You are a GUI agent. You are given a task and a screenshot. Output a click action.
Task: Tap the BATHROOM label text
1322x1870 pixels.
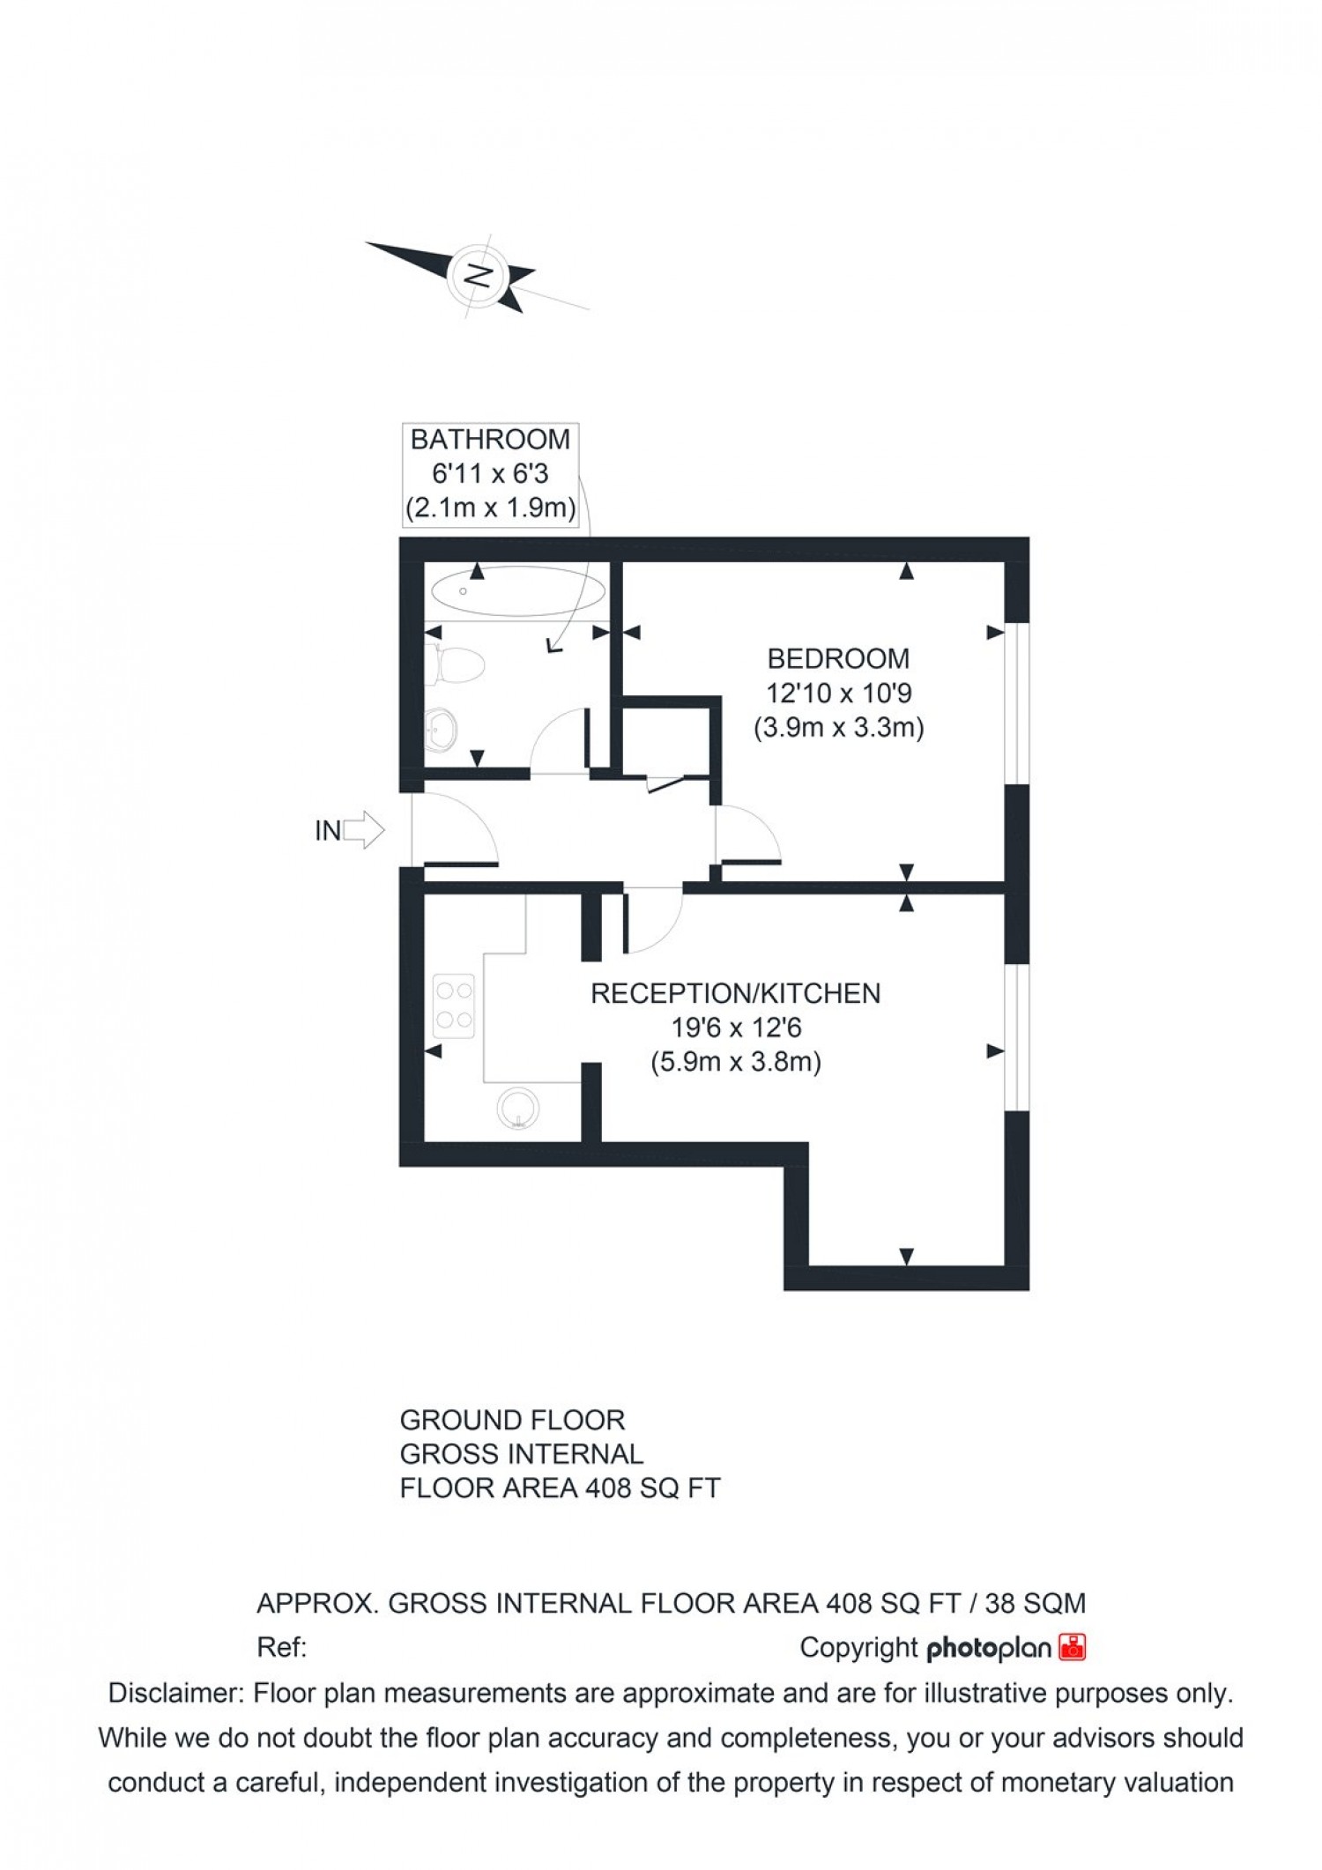pos(490,439)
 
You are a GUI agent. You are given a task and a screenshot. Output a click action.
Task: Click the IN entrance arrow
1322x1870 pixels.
pos(363,830)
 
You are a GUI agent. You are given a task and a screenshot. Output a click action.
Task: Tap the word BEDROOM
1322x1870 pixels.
pos(838,658)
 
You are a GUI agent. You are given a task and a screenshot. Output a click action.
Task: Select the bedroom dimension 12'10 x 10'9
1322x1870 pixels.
pos(838,694)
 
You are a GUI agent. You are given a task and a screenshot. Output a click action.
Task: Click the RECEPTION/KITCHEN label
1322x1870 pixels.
pos(735,993)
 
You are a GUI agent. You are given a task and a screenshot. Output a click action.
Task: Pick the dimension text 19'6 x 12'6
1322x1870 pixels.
pos(735,1028)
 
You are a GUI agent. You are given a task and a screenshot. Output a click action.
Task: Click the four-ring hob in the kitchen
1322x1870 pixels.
pos(454,1005)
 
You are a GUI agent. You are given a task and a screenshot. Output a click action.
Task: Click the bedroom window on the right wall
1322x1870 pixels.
pos(1018,703)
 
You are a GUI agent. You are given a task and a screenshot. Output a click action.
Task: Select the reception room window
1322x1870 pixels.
pos(1018,1036)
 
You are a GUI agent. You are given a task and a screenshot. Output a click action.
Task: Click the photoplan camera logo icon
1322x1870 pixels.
pos(1073,1647)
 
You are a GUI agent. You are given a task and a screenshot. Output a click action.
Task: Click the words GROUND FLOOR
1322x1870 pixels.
pos(512,1421)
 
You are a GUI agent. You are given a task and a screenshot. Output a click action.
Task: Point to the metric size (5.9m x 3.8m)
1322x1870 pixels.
pos(735,1063)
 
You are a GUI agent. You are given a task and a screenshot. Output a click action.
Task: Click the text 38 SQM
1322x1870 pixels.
pos(1035,1603)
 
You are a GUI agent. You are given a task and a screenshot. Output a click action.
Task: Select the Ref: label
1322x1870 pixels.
pos(281,1647)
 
